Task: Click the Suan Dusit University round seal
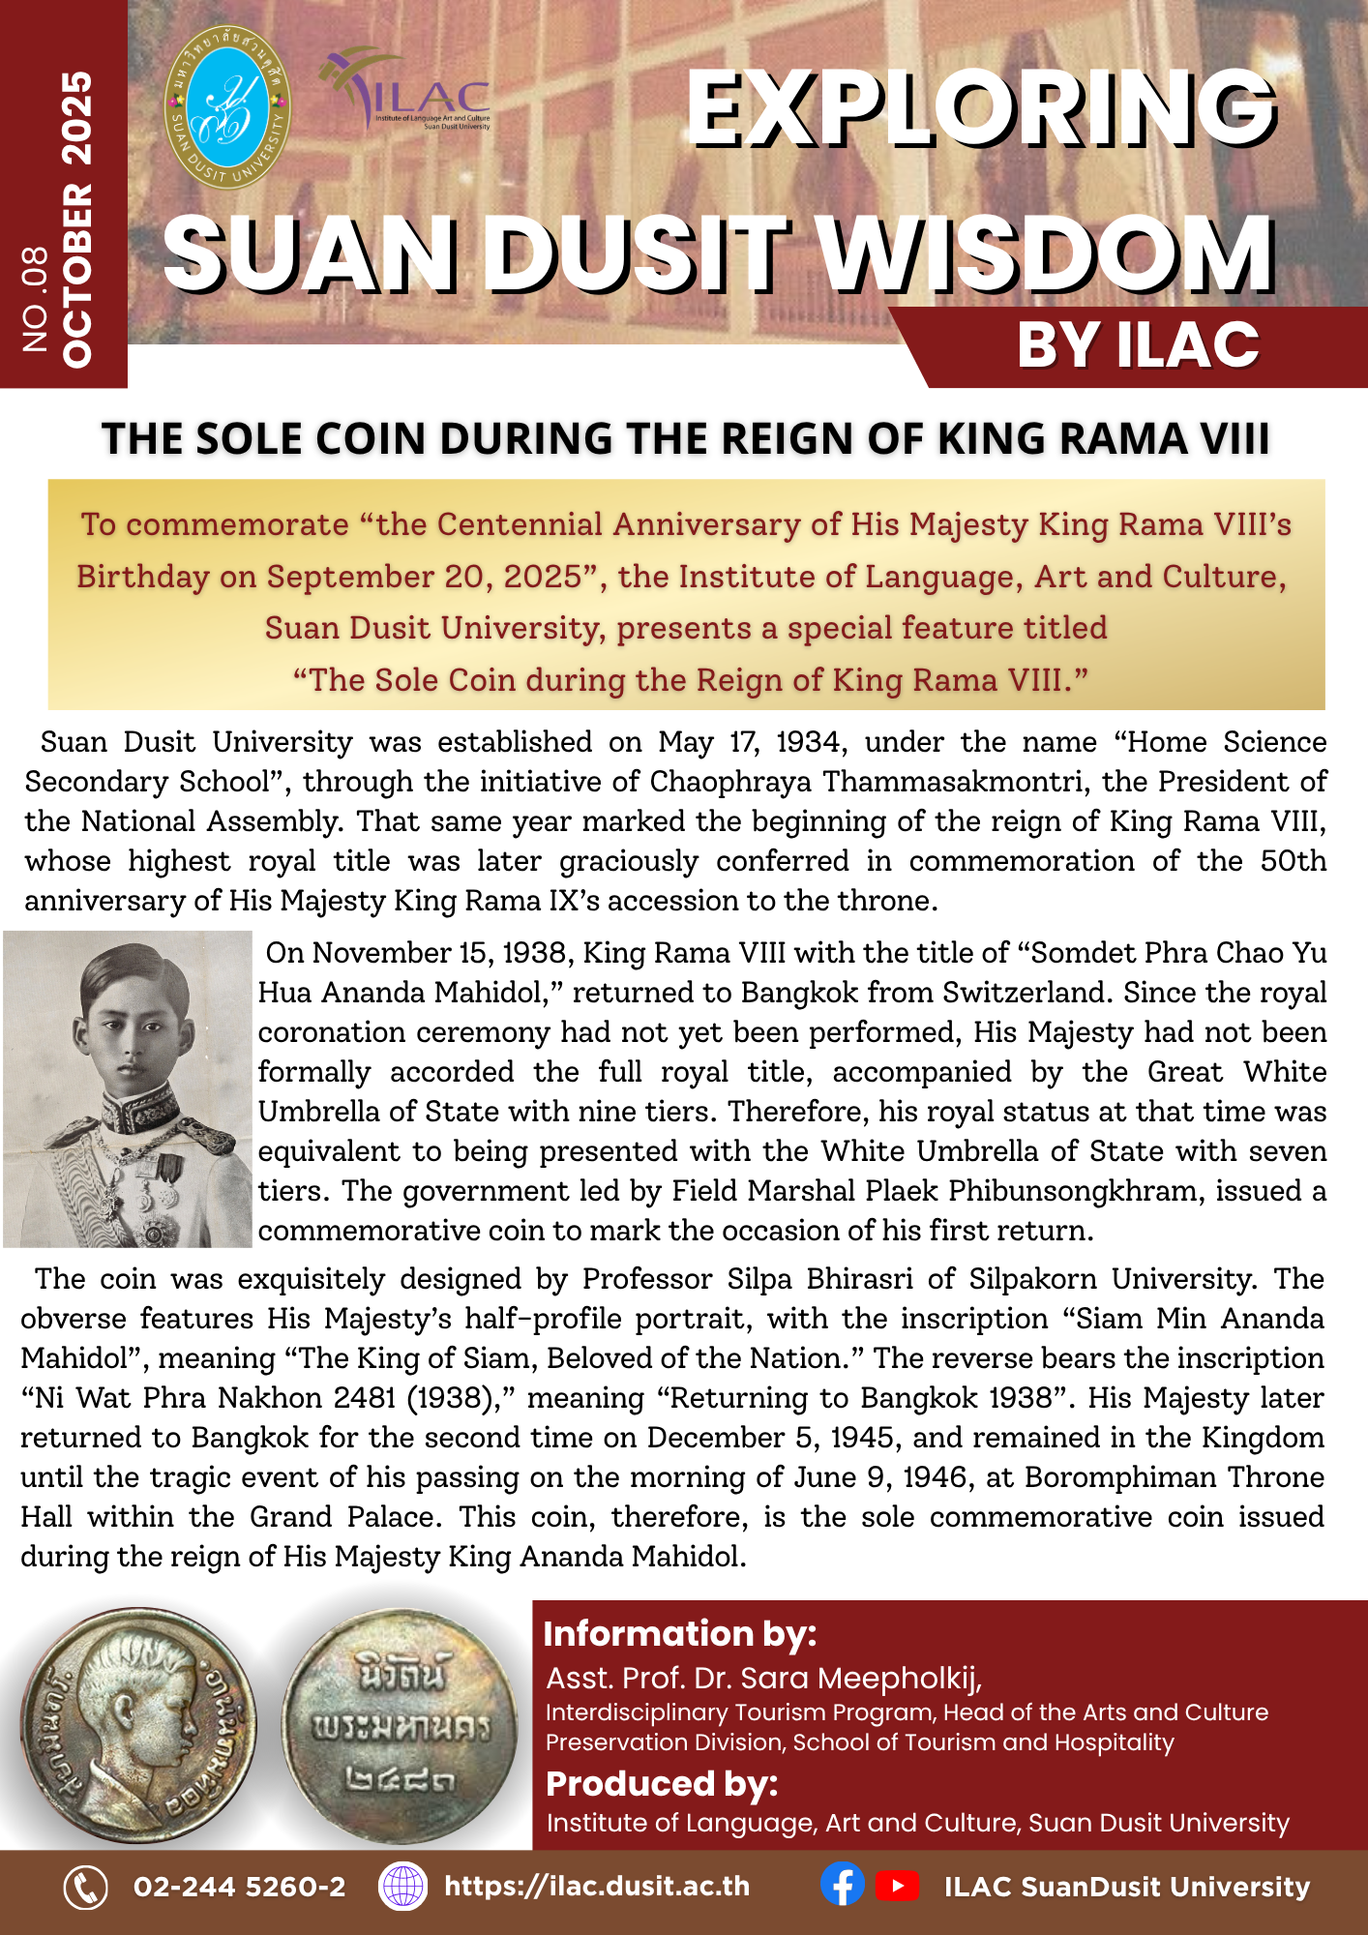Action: click(227, 107)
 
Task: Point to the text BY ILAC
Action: click(1138, 345)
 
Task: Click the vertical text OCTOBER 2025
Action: click(77, 219)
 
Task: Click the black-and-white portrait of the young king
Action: click(128, 1088)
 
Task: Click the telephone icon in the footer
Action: click(85, 1887)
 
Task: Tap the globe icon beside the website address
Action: click(402, 1887)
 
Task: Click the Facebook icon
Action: click(843, 1886)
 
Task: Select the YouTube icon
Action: click(897, 1886)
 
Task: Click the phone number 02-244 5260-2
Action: click(239, 1887)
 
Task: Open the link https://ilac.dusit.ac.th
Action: click(596, 1887)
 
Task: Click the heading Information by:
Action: click(680, 1633)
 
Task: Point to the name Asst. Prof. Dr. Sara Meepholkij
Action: click(764, 1678)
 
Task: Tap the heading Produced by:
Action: click(662, 1783)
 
